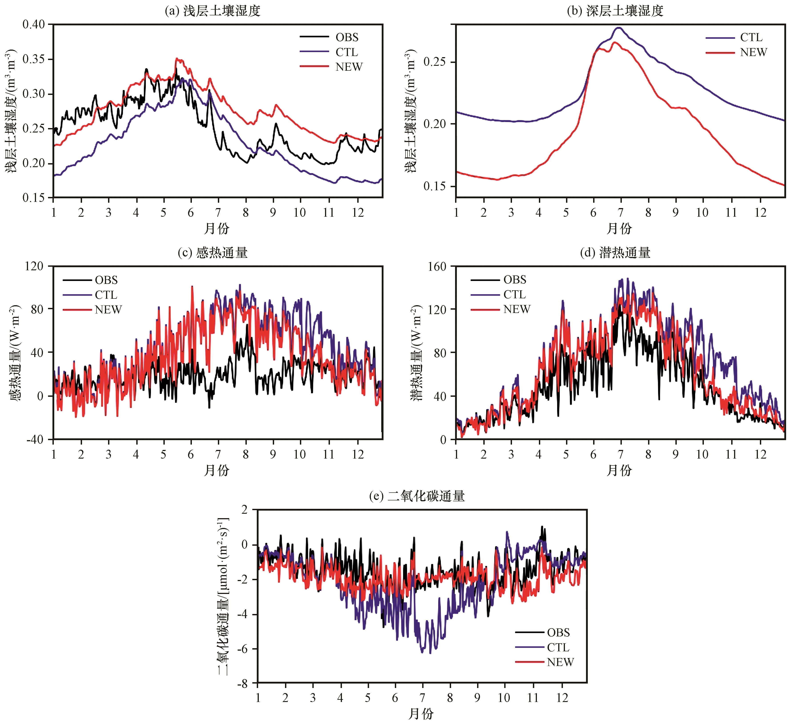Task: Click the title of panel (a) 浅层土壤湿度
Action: [212, 11]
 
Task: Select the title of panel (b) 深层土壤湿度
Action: [615, 11]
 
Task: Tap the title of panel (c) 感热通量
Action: [212, 253]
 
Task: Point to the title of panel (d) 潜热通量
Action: [615, 253]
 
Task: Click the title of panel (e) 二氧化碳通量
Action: [417, 496]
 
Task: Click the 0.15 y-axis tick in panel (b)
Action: [434, 186]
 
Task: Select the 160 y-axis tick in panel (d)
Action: [437, 267]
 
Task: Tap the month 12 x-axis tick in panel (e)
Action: [562, 698]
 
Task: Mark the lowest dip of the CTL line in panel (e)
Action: [430, 653]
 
